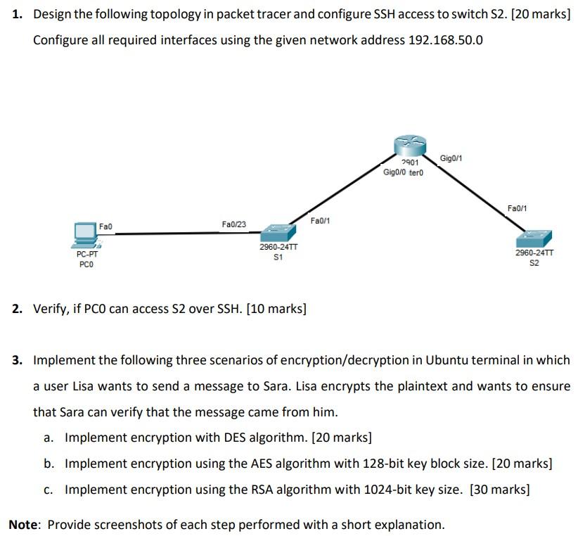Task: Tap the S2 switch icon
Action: [534, 238]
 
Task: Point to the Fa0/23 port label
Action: [233, 224]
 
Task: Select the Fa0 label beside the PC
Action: [106, 226]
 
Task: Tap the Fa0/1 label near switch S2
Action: [517, 208]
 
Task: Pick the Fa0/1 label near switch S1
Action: [320, 221]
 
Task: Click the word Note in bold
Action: [25, 524]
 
